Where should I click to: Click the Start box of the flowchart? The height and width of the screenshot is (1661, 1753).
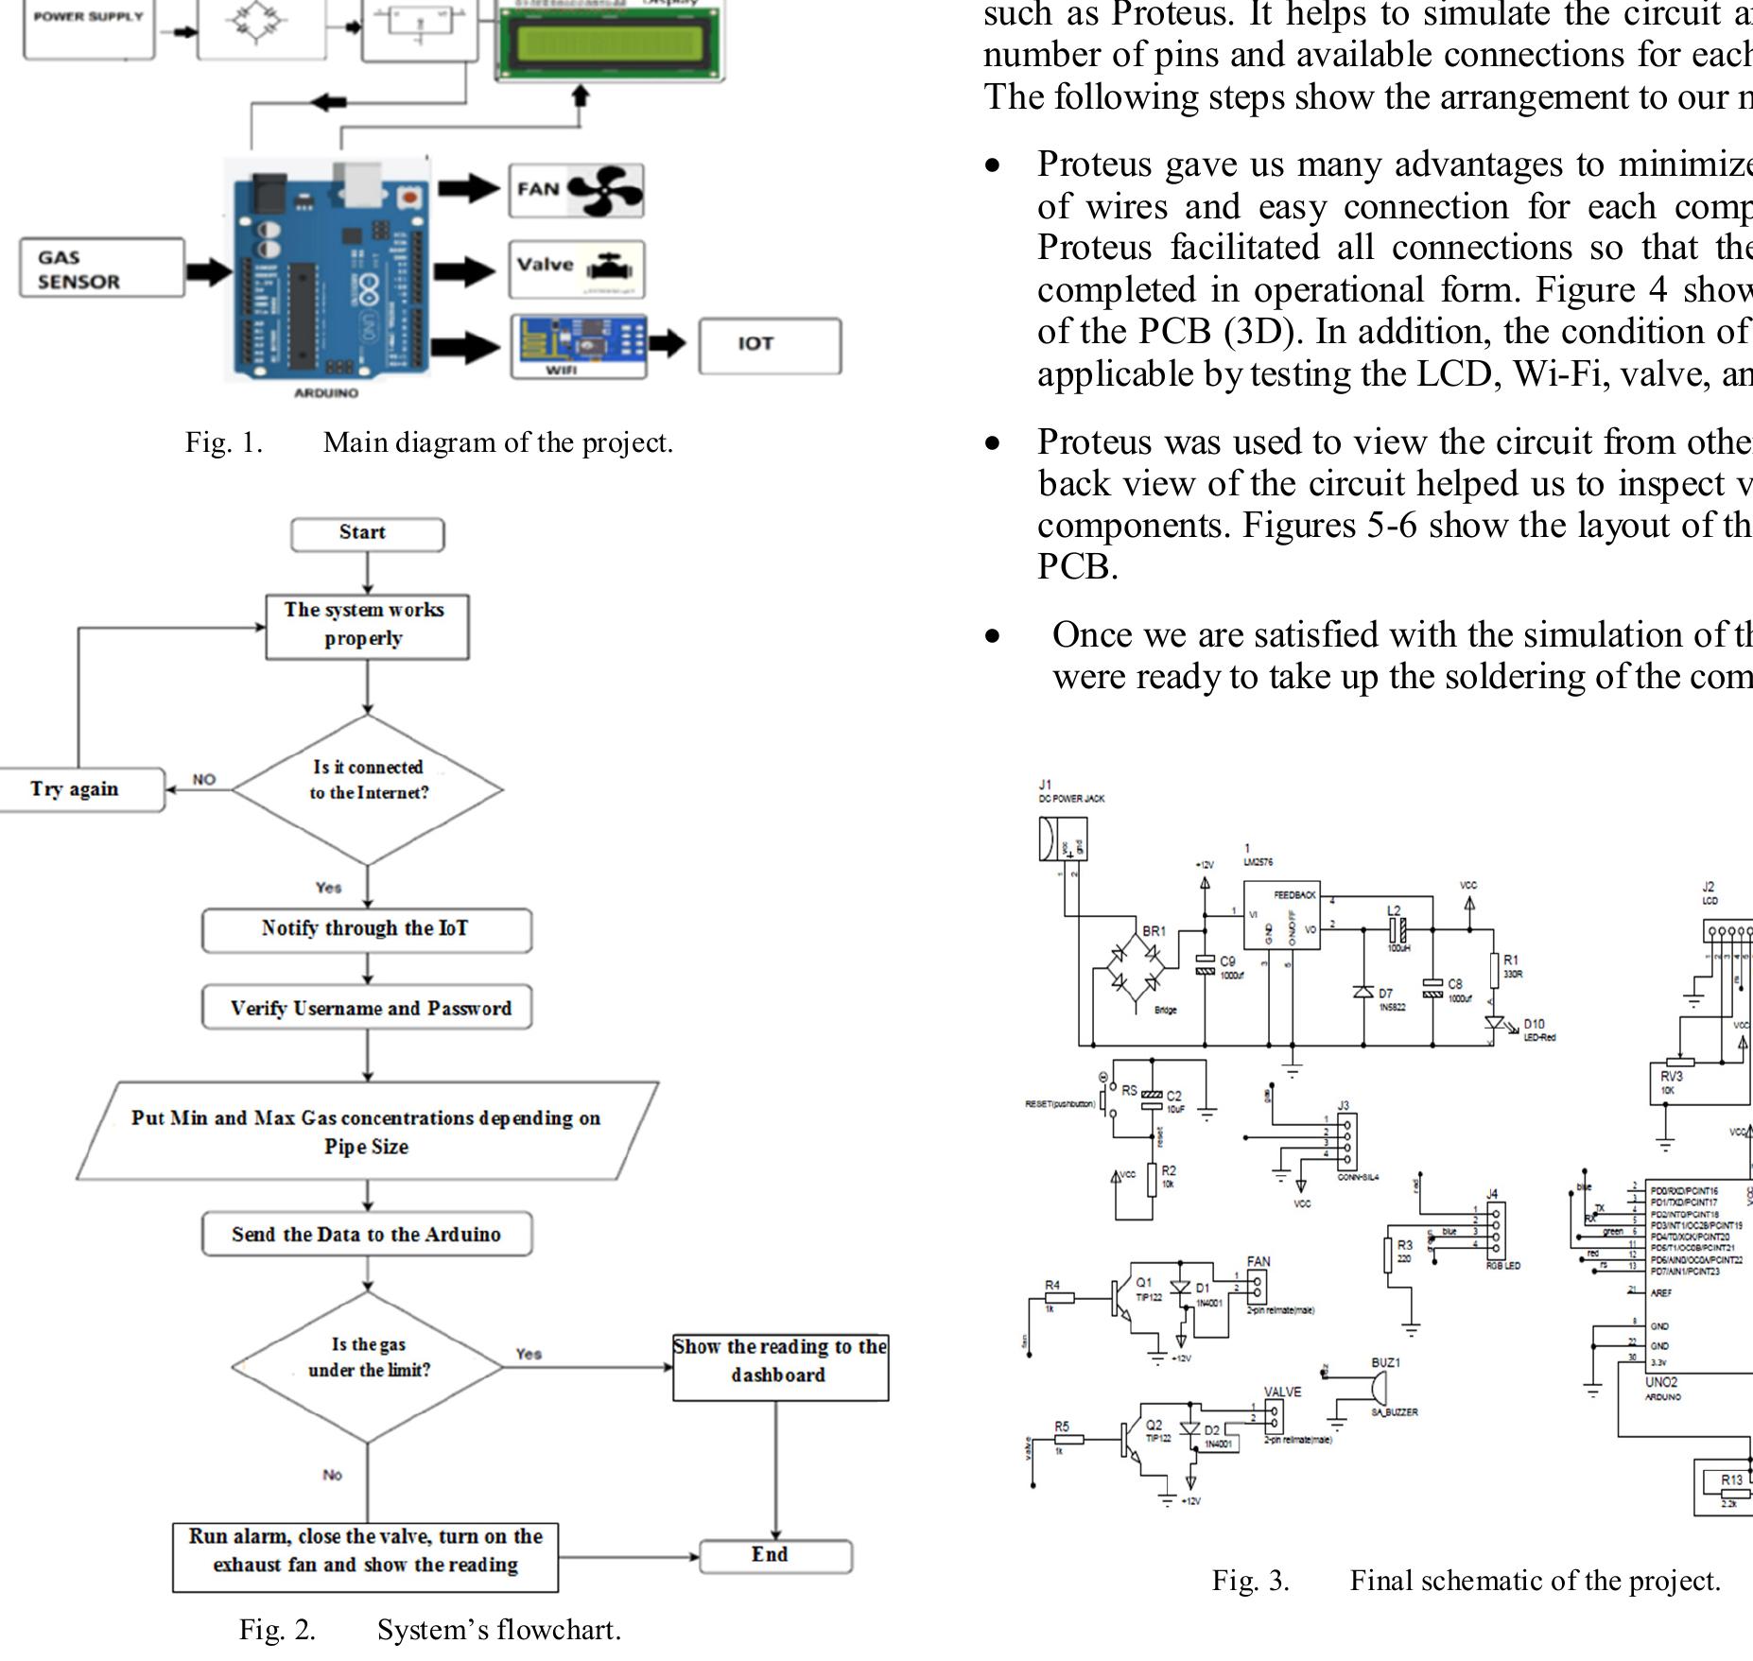click(x=367, y=534)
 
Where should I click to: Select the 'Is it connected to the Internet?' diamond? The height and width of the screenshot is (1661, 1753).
click(x=368, y=789)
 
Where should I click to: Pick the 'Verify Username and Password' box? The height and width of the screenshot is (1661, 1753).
click(x=367, y=1009)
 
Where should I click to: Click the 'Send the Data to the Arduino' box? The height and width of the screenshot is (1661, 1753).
click(x=367, y=1235)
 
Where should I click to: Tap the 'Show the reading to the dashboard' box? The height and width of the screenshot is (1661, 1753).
click(x=780, y=1366)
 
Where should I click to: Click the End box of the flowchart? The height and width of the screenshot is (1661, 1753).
click(x=775, y=1556)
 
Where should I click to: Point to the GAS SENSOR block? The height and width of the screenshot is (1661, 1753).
click(x=101, y=268)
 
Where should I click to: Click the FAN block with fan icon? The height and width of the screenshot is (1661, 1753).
click(x=577, y=190)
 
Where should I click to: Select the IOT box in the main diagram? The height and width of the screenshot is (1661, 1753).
click(x=769, y=345)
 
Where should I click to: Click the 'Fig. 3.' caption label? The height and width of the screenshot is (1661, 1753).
click(x=1250, y=1581)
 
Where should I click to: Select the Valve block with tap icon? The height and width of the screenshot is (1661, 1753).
click(x=577, y=268)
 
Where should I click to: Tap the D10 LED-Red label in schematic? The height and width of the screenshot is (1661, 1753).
click(x=1535, y=1029)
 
